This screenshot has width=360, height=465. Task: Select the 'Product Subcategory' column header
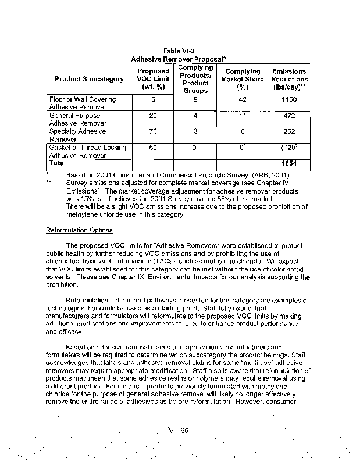pyautogui.click(x=89, y=79)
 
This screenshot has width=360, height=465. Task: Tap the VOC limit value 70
pyautogui.click(x=153, y=132)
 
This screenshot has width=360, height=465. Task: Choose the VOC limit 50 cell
pyautogui.click(x=153, y=148)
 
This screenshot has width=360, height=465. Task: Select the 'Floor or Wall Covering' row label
pyautogui.click(x=82, y=100)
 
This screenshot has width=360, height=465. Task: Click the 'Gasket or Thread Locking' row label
pyautogui.click(x=87, y=148)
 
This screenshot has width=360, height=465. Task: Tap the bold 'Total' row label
pyautogui.click(x=58, y=163)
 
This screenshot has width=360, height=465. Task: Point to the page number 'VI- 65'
pyautogui.click(x=178, y=430)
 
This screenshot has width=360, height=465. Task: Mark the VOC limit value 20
pyautogui.click(x=153, y=116)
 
